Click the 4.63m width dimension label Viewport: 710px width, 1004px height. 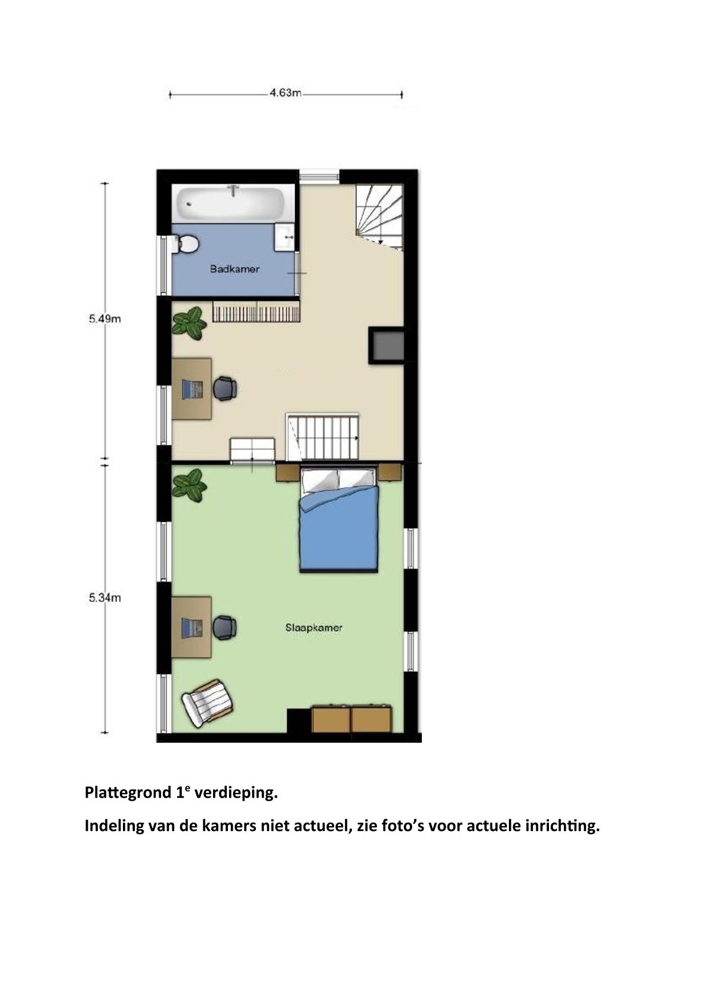286,93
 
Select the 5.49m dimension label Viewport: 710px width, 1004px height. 104,319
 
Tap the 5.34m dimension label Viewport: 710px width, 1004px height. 104,598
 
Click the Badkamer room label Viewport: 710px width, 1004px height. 235,270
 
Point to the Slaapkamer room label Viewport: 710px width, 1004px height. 314,628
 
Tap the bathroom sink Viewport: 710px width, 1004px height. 284,237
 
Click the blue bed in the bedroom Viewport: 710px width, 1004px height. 339,520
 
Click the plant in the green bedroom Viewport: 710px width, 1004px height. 189,483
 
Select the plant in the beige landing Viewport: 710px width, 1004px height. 189,322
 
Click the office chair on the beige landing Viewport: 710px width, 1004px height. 224,388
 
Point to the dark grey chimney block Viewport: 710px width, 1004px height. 387,345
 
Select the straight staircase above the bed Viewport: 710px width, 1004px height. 323,437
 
